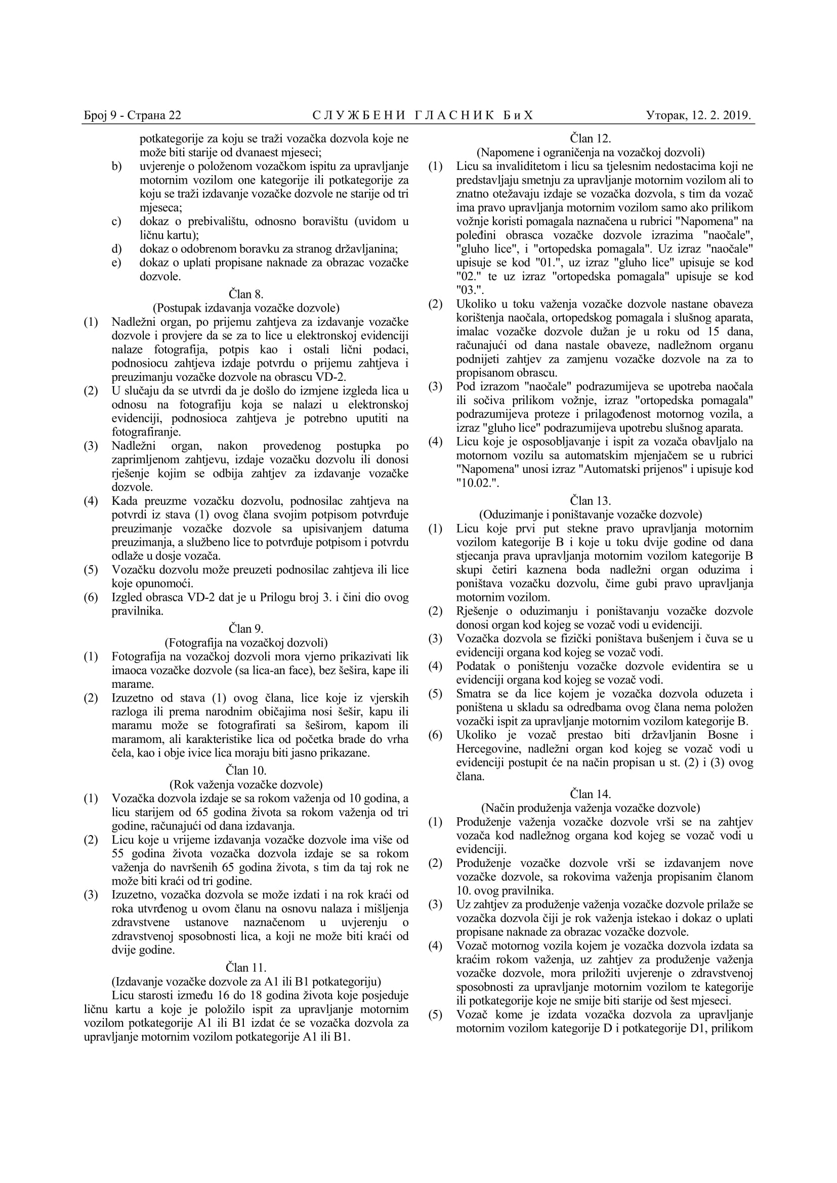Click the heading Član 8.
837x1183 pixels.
[x=246, y=294]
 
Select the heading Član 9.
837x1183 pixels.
[x=246, y=629]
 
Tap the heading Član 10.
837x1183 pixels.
[x=246, y=770]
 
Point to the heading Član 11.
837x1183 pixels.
[x=246, y=967]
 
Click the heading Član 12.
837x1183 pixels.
[x=590, y=138]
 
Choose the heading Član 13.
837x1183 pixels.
[x=590, y=500]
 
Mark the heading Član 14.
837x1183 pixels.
[x=590, y=794]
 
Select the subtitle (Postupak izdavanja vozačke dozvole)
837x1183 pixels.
[x=246, y=308]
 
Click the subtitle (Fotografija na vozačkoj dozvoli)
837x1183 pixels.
[x=246, y=642]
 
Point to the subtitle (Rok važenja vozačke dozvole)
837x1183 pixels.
[x=246, y=784]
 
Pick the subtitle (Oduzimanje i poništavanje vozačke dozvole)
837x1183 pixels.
[x=590, y=514]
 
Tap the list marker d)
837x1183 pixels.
[x=116, y=249]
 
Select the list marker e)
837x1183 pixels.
[x=116, y=262]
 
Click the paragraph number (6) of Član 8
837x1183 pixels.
[x=91, y=597]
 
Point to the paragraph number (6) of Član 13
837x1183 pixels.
[x=436, y=735]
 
